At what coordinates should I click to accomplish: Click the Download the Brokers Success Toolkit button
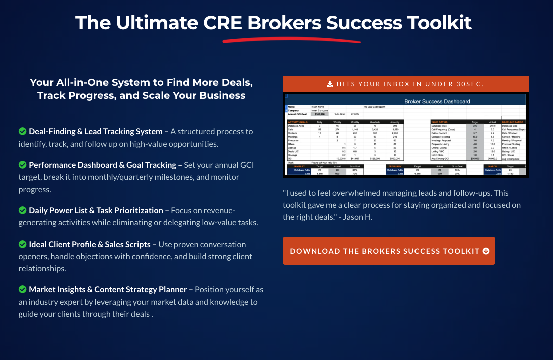click(388, 251)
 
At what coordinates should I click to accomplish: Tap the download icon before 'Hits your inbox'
click(330, 84)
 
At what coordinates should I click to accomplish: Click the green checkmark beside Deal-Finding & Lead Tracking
click(22, 132)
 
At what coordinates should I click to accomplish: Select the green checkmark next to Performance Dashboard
click(22, 165)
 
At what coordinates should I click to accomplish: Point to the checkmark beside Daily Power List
click(22, 210)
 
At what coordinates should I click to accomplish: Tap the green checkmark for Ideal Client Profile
click(22, 244)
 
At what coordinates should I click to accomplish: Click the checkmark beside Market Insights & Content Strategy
click(22, 289)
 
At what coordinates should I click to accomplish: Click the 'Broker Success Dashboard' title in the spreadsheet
click(437, 101)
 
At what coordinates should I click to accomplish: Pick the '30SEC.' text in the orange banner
click(468, 84)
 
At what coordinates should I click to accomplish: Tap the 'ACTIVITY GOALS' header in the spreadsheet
click(298, 122)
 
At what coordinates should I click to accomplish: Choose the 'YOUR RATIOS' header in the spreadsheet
click(442, 122)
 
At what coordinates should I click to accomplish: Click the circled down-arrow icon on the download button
click(486, 251)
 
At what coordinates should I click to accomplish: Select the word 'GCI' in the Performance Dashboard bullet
click(244, 165)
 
